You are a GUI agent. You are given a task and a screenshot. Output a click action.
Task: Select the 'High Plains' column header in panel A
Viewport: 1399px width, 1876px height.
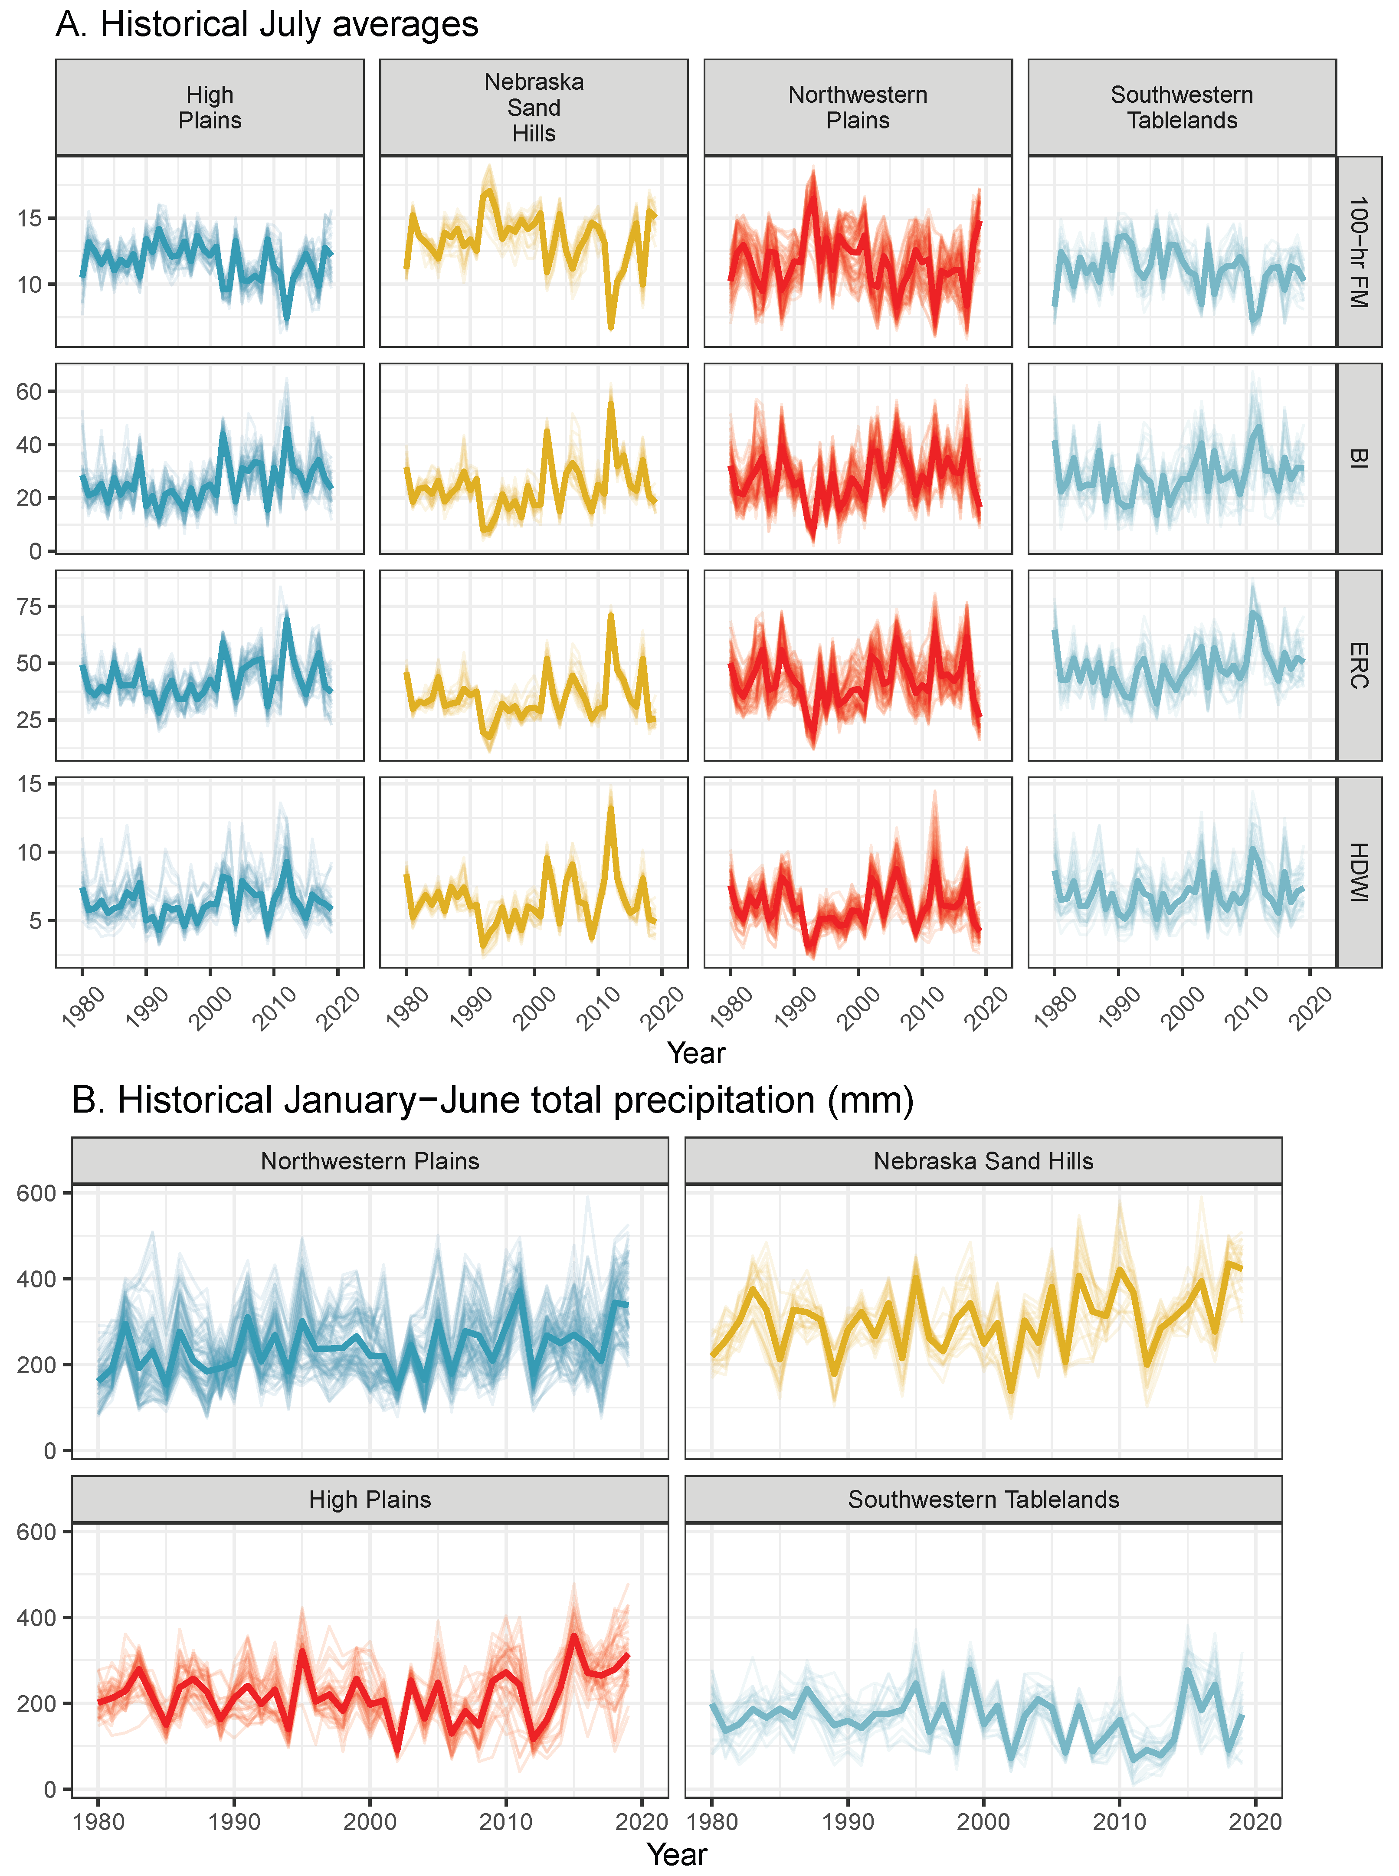[210, 108]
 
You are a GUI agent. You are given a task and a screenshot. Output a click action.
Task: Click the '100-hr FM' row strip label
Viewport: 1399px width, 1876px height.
[1358, 252]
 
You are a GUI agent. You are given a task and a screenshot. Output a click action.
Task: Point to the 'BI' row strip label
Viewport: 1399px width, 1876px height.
[1358, 458]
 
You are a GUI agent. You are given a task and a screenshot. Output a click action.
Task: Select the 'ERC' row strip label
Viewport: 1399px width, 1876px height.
[1358, 665]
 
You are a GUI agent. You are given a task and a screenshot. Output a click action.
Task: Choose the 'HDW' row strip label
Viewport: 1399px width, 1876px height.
[1358, 872]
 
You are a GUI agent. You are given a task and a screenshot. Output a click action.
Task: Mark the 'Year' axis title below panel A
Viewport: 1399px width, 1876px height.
[696, 1053]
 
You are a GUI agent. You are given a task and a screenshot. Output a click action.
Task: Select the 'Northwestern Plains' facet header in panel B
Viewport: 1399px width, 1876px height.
[370, 1161]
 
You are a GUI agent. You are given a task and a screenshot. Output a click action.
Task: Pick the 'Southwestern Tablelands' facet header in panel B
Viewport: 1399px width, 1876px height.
[983, 1499]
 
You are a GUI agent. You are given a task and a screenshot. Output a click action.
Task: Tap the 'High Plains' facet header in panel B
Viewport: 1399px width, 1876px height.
[370, 1499]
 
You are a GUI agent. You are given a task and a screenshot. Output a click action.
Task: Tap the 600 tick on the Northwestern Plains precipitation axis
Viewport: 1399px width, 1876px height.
[36, 1193]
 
